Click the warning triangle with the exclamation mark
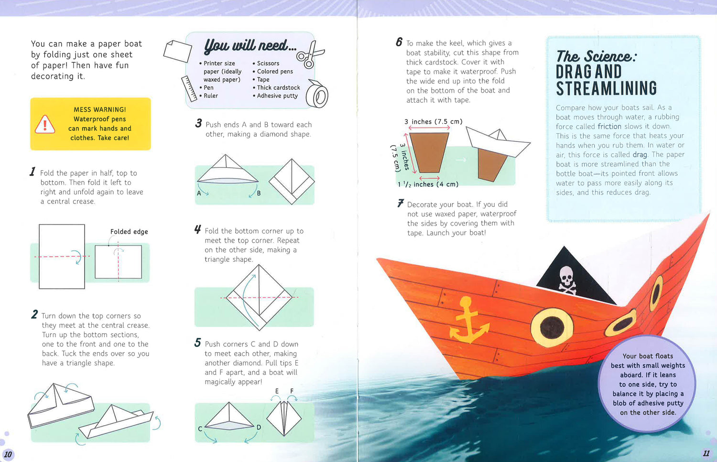[x=45, y=124]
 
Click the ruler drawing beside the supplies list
[x=189, y=88]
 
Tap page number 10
[x=8, y=454]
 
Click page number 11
[x=706, y=453]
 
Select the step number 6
[x=399, y=42]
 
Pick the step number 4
[x=197, y=229]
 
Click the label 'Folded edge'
[x=129, y=232]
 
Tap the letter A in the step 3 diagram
[x=199, y=193]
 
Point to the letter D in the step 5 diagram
[x=259, y=427]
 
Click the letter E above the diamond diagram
[x=277, y=391]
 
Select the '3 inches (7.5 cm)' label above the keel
[x=434, y=121]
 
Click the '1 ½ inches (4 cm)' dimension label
[x=428, y=184]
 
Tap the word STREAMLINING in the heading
[x=606, y=88]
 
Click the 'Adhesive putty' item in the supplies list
[x=277, y=96]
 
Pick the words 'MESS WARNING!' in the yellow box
[x=100, y=109]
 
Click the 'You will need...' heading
[x=250, y=45]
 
